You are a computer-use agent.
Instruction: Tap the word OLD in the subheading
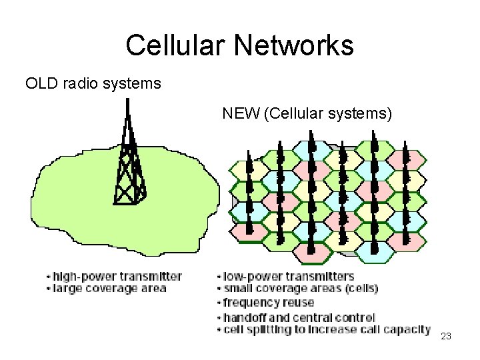41,84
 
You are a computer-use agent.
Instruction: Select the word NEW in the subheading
241,113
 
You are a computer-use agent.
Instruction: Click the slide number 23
446,337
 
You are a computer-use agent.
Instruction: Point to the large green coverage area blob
73,207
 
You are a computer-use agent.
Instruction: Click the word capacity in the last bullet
410,330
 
